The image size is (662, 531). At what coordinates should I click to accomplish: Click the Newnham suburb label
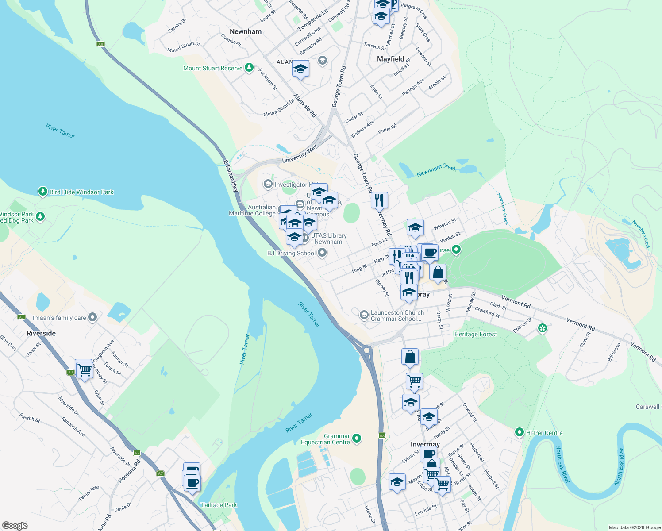[246, 31]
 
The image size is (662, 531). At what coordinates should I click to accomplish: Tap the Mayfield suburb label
[390, 59]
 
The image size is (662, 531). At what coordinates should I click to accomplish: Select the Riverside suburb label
[41, 333]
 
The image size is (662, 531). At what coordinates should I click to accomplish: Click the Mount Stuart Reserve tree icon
[249, 68]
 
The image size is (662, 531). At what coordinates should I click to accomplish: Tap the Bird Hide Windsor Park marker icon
[42, 192]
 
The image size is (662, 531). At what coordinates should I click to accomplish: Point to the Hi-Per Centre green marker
[520, 432]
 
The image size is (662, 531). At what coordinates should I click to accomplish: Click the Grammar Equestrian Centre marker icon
[357, 439]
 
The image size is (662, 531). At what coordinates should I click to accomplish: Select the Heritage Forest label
[475, 335]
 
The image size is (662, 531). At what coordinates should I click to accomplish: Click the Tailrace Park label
[219, 505]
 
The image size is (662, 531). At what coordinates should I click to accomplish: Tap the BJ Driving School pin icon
[322, 253]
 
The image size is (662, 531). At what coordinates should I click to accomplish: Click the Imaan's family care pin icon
[92, 317]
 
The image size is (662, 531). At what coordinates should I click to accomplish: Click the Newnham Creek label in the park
[436, 170]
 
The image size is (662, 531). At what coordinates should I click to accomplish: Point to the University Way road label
[300, 154]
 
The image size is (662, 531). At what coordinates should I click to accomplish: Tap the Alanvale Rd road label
[305, 105]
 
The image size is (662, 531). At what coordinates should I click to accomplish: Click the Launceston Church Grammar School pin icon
[364, 315]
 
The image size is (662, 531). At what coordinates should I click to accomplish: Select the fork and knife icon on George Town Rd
[379, 200]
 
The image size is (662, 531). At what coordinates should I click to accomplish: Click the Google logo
[15, 525]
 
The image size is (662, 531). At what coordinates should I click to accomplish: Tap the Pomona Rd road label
[129, 471]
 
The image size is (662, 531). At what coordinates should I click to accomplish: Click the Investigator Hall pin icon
[268, 184]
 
